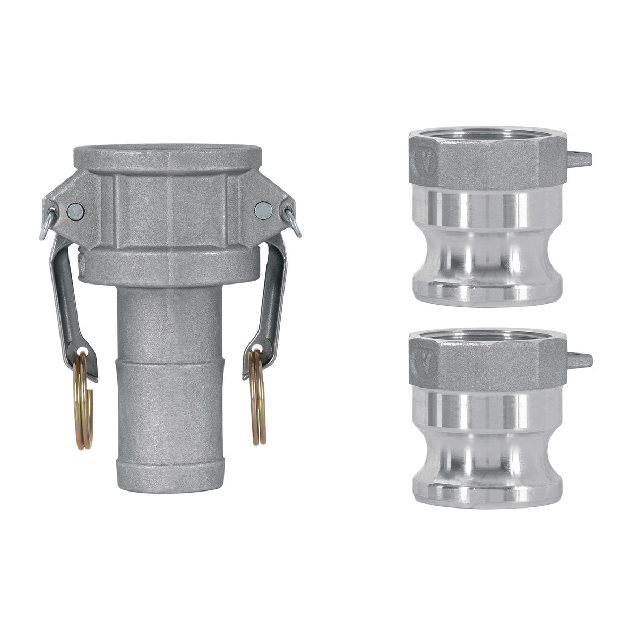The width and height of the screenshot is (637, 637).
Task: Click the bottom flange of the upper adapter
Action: point(486,289)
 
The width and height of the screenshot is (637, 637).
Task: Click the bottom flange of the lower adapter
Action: point(486,491)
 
